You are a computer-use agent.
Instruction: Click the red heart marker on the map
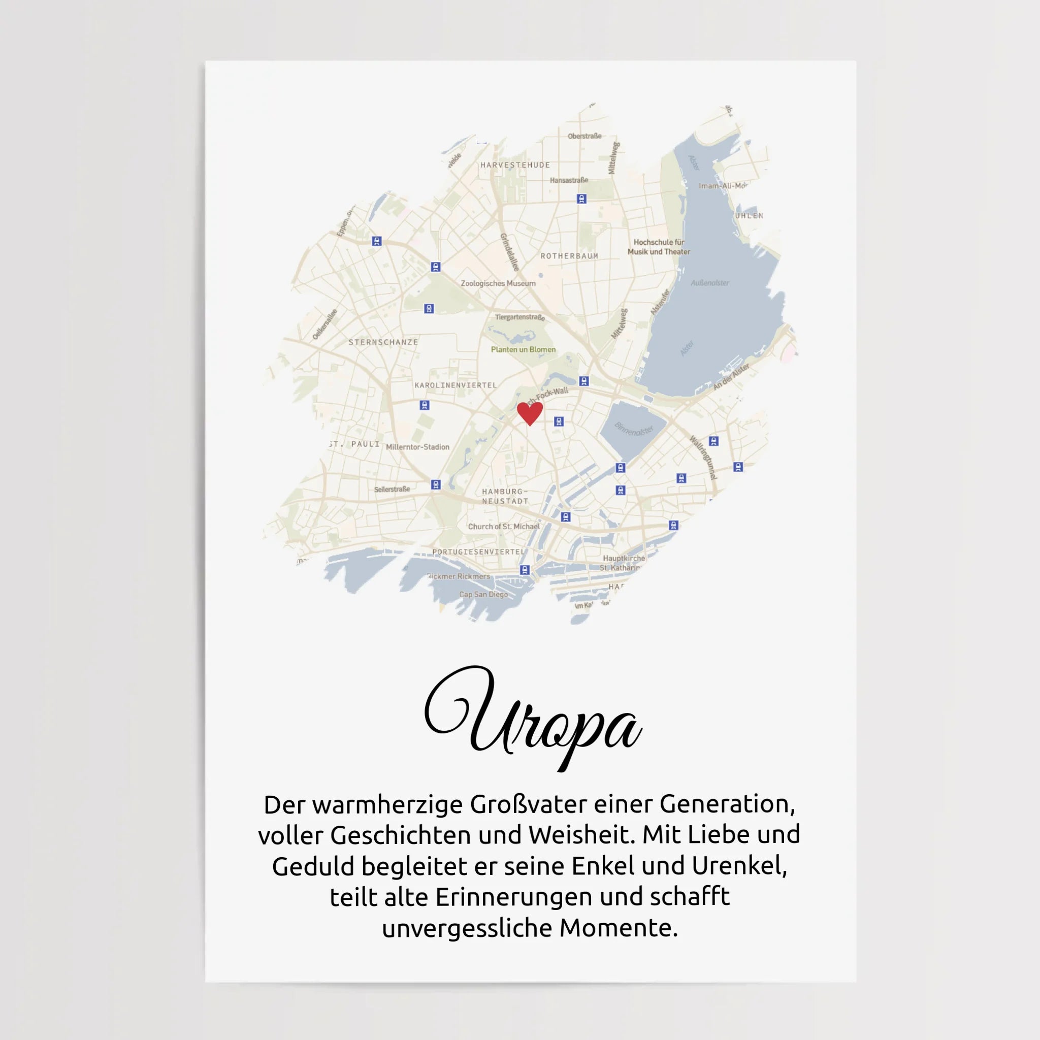[530, 413]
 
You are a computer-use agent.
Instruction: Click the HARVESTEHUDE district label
[515, 165]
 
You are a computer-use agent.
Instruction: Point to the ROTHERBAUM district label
[569, 256]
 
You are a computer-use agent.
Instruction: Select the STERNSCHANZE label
[383, 342]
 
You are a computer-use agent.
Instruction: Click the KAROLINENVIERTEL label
[456, 385]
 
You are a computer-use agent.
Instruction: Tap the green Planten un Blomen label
[523, 350]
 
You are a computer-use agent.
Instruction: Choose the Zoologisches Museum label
[498, 284]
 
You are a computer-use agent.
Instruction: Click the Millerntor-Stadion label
[417, 447]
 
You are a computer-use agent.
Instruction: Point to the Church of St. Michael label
[503, 527]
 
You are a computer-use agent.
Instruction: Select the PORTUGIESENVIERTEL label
[478, 552]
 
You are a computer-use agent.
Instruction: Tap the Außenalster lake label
[709, 283]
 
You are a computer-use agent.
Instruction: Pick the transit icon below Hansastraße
[581, 199]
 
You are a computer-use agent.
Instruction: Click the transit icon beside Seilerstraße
[436, 485]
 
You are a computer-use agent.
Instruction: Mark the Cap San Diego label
[483, 595]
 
